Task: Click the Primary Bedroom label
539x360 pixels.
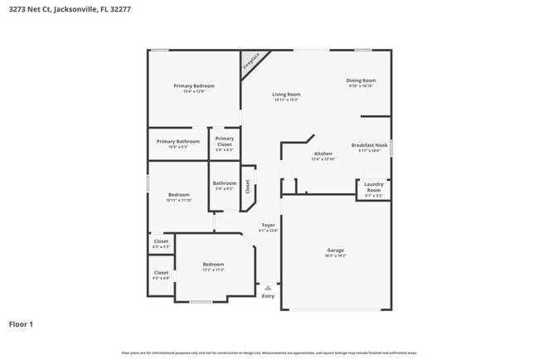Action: tap(194, 86)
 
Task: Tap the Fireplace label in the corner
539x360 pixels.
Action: tap(250, 61)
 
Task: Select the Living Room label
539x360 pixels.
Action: tap(287, 95)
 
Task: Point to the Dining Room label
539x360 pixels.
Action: tap(361, 80)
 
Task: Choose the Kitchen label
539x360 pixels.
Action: tap(323, 153)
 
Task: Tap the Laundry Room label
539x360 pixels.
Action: tap(373, 186)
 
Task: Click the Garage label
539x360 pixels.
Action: tap(336, 250)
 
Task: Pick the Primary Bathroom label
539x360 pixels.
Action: tap(178, 141)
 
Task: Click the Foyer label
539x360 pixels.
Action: tap(268, 225)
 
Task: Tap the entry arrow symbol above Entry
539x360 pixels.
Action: tap(268, 287)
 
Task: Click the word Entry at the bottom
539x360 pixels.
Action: tap(268, 296)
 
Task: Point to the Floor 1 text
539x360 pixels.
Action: tap(21, 324)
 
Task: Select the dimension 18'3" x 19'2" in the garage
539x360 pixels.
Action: tap(336, 256)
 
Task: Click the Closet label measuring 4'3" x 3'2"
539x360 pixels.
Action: tap(161, 242)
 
